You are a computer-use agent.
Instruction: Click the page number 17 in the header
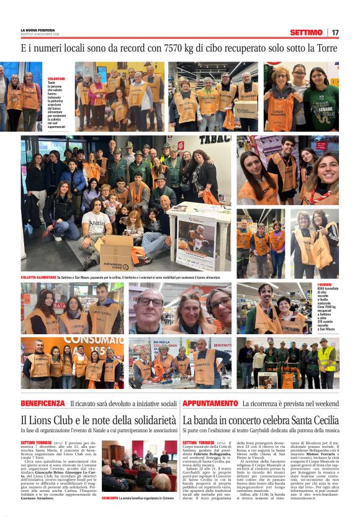[x=335, y=32]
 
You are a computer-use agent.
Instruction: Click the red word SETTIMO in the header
[x=306, y=32]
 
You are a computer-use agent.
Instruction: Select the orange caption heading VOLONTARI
[x=56, y=79]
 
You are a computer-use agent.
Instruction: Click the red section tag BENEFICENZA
[x=43, y=404]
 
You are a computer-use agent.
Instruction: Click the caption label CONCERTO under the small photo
[x=110, y=498]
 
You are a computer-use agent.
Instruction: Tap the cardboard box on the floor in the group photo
[x=117, y=253]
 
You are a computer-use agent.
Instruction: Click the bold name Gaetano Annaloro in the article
[x=37, y=498]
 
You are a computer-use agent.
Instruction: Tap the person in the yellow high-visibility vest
[x=327, y=363]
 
